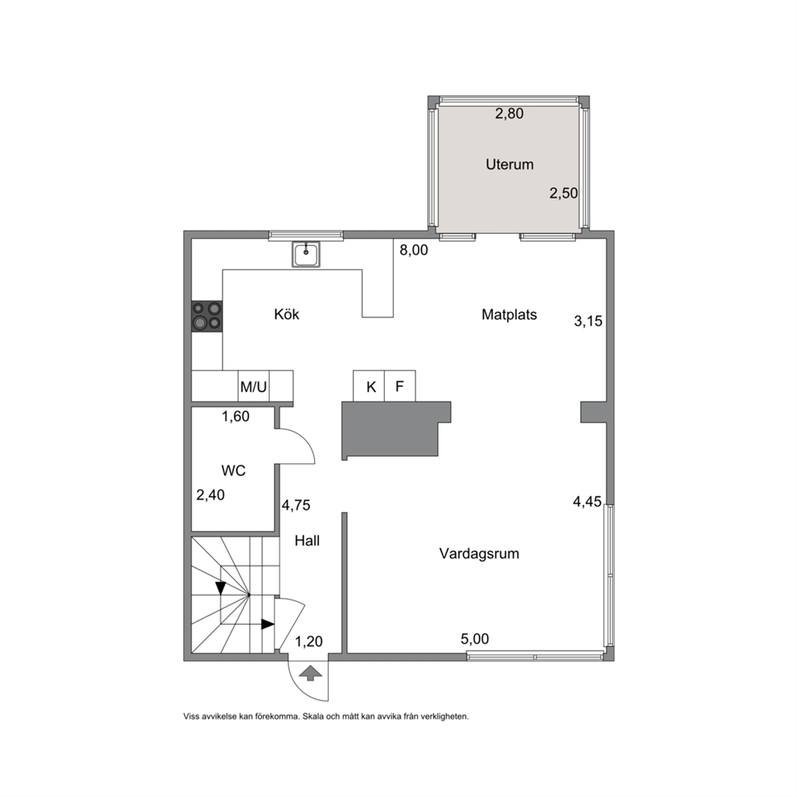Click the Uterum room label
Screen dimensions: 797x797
[509, 164]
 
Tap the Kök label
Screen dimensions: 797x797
[287, 314]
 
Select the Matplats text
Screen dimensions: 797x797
[509, 315]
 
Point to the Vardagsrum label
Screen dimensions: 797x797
[480, 554]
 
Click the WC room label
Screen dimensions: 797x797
[234, 471]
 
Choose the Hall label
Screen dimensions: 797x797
[307, 541]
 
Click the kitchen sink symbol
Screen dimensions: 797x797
[306, 254]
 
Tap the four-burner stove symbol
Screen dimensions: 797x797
[206, 317]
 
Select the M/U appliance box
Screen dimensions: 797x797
[254, 386]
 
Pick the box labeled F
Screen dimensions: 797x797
[400, 386]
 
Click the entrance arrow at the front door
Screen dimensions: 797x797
[310, 673]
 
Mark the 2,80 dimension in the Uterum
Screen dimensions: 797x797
[509, 113]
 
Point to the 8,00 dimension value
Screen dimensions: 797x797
[414, 250]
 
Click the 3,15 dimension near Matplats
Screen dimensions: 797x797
[588, 321]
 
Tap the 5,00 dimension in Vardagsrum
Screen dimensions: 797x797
[475, 639]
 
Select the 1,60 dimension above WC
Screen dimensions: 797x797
[235, 416]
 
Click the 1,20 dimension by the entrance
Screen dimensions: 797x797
[309, 641]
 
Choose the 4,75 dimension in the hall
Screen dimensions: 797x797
[296, 505]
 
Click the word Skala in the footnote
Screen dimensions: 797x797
[313, 717]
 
